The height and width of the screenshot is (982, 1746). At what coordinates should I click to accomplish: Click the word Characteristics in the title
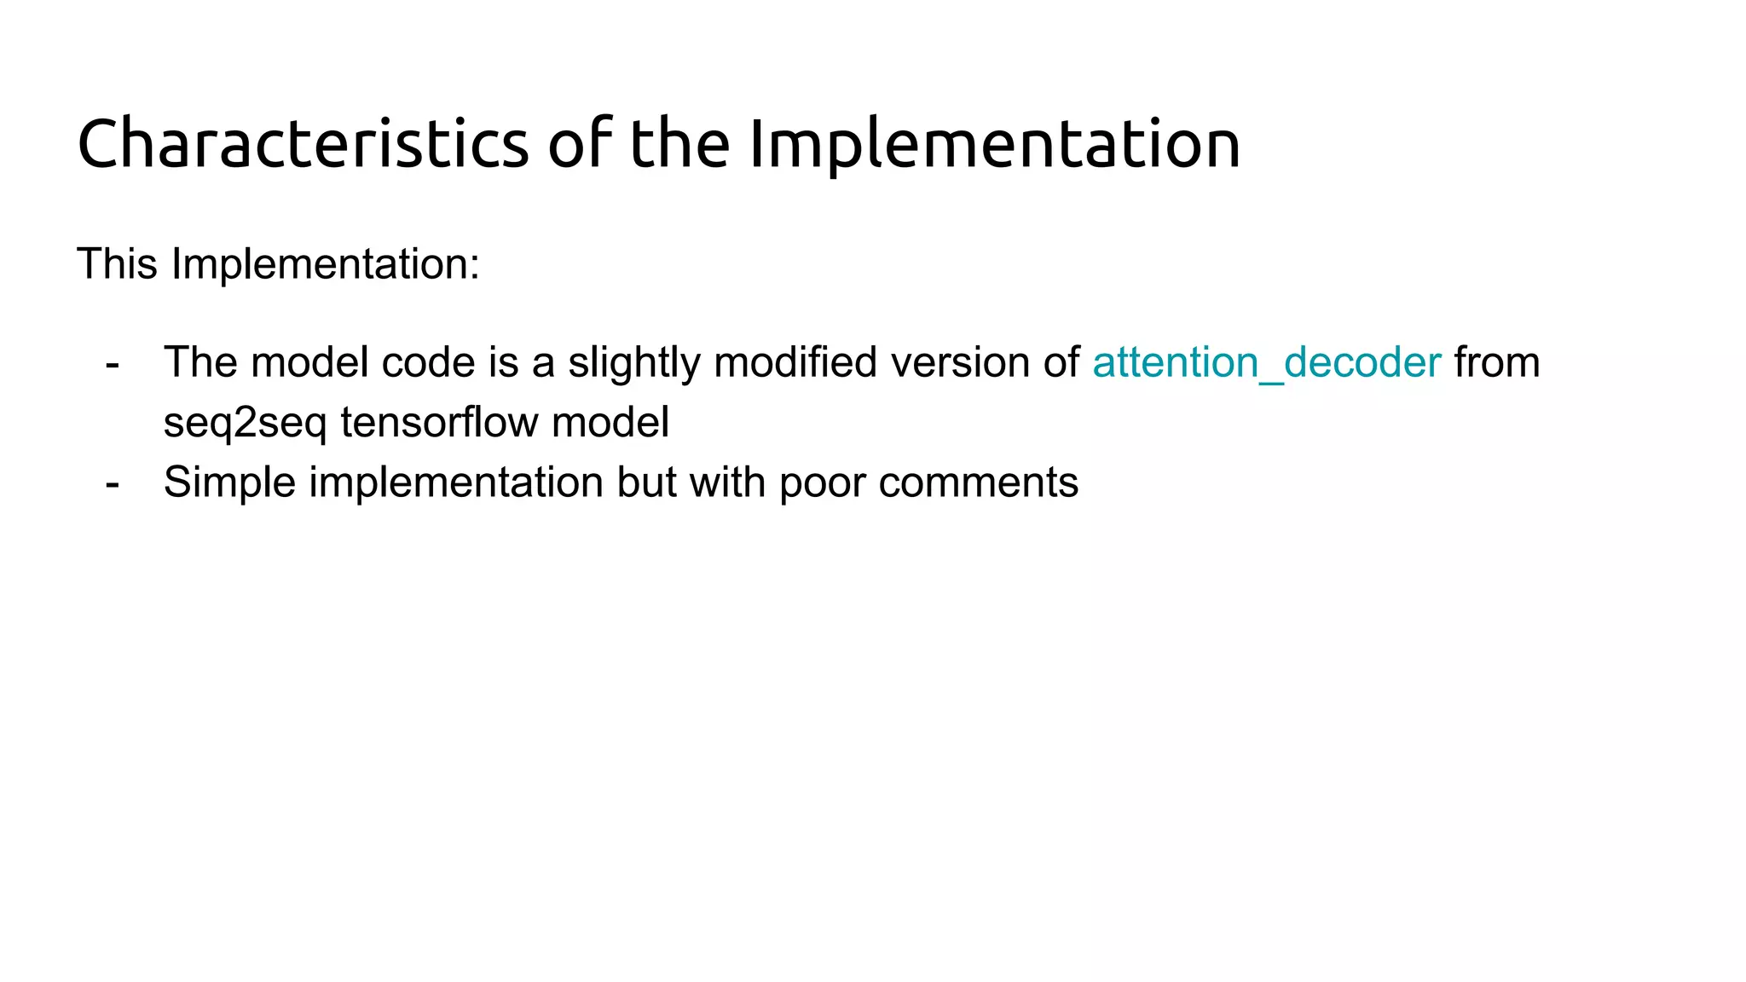[x=303, y=143]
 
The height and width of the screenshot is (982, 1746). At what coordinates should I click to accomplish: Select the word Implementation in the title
[x=994, y=143]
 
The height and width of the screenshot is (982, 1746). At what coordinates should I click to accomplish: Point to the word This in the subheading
[x=117, y=263]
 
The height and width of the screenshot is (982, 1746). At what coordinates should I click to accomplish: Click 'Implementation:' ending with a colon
[x=325, y=263]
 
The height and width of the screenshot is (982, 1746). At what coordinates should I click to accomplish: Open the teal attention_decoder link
[x=1266, y=362]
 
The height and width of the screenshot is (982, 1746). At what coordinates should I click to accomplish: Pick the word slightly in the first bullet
[x=633, y=362]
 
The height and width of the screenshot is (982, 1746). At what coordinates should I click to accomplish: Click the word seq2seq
[x=245, y=423]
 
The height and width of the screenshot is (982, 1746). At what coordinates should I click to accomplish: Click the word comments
[x=978, y=482]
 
